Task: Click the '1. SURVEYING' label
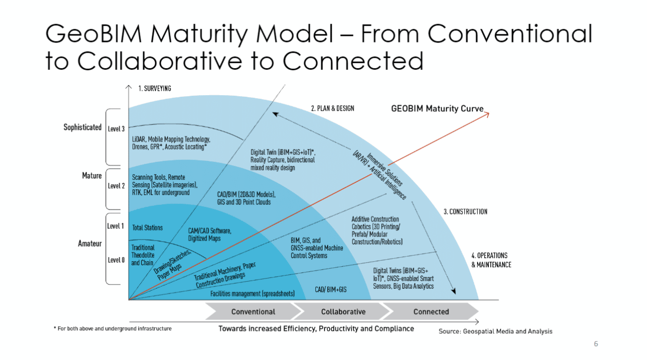coord(155,89)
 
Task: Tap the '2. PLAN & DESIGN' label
coord(332,109)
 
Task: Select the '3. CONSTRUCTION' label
coord(465,211)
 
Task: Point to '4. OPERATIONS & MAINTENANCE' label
coord(491,260)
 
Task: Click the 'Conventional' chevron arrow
coord(253,311)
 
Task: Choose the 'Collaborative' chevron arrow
coord(343,311)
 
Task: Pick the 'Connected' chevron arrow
coord(431,311)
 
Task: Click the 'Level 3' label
coord(116,129)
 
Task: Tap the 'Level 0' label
coord(116,260)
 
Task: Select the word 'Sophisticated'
coord(82,127)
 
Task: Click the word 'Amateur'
coord(90,244)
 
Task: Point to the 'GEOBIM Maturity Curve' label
coord(437,109)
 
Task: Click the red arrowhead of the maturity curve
coord(487,113)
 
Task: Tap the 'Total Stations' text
coord(147,227)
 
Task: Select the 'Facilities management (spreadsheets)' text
coord(252,294)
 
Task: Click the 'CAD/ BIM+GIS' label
coord(331,289)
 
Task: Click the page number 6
coord(596,344)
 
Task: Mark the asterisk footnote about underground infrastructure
coord(113,328)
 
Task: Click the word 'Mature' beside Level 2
coord(92,176)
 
